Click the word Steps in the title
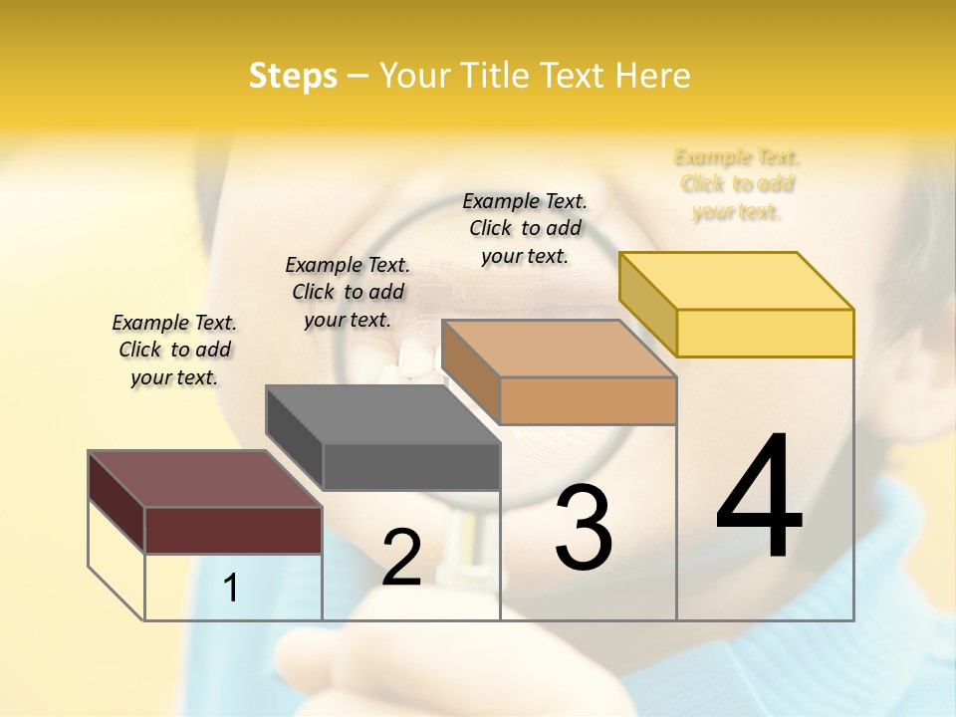pos(293,76)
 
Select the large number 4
pos(759,498)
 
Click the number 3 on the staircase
pos(584,528)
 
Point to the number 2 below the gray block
pos(401,558)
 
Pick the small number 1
pos(231,588)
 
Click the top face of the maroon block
pos(204,479)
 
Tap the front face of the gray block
pos(411,466)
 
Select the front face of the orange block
pos(588,400)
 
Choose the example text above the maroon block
pos(174,350)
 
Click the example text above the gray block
pos(348,292)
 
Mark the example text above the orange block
pos(525,228)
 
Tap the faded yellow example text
pos(737,184)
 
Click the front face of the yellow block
pos(765,333)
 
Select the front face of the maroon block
pos(233,530)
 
